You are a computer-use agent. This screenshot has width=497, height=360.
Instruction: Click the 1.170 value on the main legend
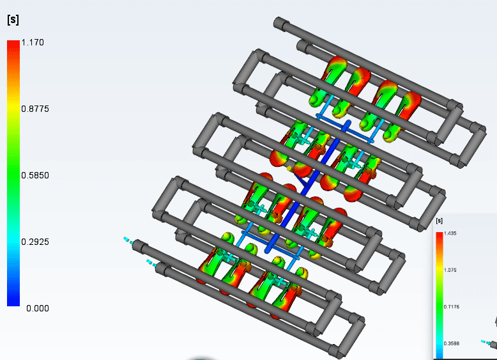pos(33,42)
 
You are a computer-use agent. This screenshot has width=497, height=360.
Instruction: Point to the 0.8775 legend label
pos(35,109)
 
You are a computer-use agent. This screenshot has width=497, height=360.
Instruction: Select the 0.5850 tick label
pos(35,175)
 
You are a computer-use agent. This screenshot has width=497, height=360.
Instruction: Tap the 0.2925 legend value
pos(35,242)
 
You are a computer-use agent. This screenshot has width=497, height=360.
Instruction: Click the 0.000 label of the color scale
pos(38,308)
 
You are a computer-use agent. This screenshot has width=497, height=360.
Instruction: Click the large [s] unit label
pos(13,20)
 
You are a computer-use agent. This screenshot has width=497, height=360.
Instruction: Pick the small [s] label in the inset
pos(440,221)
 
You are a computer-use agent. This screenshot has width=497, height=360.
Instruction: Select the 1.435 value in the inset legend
pos(450,233)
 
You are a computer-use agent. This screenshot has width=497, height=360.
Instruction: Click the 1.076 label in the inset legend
pos(450,270)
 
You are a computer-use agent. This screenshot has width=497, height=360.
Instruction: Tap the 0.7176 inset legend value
pos(451,307)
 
